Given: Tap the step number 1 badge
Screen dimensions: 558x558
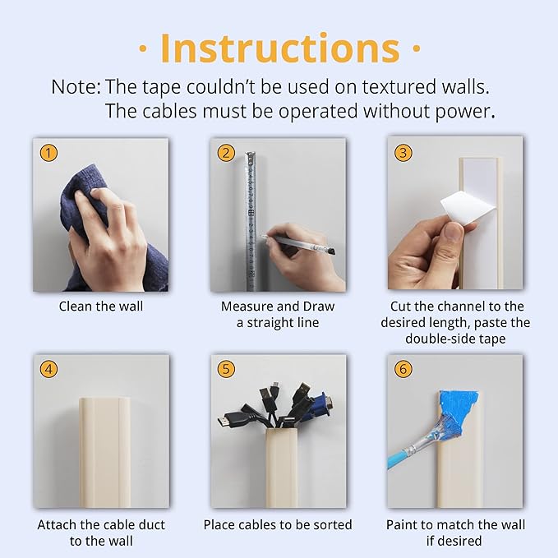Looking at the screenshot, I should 49,154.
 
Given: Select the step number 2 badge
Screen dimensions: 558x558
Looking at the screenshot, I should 226,154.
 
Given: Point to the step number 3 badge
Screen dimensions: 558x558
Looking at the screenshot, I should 403,153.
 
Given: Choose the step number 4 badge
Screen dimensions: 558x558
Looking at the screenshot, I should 49,369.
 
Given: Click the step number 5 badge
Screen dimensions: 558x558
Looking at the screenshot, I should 226,369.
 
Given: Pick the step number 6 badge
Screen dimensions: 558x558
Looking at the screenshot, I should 403,369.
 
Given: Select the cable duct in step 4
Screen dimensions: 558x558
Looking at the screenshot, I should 104,452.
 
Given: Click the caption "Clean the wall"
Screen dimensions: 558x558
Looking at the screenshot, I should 101,307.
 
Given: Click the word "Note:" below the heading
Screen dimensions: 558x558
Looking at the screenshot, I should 76,86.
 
